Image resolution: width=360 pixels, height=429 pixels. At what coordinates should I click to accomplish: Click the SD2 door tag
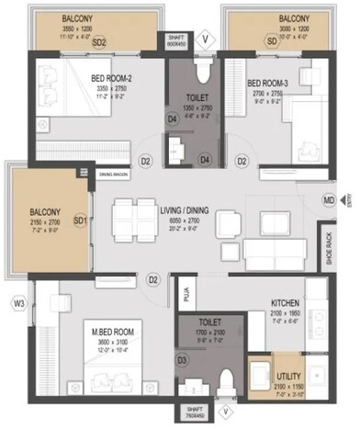coord(99,42)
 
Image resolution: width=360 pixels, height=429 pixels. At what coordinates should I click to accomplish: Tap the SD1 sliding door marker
coord(80,220)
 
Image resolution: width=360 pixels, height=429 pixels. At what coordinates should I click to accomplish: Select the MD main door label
coord(328,198)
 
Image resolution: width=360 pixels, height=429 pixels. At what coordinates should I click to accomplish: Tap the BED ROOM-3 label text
coord(267,84)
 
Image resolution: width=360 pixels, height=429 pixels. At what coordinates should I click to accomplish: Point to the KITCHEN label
coord(288,302)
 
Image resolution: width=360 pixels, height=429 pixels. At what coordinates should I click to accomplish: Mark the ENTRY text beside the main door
coord(349,199)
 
